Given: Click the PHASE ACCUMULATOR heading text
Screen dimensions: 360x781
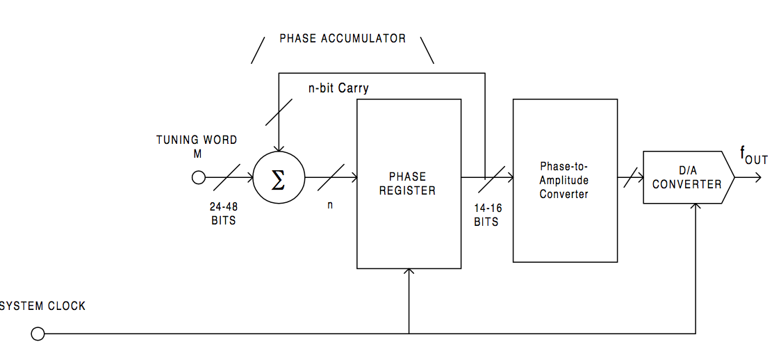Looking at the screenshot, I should click(343, 38).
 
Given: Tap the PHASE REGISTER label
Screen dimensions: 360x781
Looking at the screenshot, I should click(408, 183).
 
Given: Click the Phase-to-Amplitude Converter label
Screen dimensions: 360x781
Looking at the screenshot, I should click(564, 181).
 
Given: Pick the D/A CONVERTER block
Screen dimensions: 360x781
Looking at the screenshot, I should click(687, 178).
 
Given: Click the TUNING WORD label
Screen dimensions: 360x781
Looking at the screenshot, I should click(197, 140).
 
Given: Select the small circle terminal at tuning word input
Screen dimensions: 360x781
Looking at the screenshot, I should click(198, 178).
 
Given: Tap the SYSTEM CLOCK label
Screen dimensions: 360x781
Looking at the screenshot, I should click(43, 306).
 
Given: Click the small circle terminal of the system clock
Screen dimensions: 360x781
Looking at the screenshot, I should click(38, 334).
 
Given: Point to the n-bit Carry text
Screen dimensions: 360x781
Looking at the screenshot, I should click(338, 89).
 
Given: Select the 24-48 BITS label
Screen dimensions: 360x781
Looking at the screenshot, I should click(224, 213).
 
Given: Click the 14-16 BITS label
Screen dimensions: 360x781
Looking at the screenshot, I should click(486, 215).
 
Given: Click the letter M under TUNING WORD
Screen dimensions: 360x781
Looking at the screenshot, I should click(197, 154).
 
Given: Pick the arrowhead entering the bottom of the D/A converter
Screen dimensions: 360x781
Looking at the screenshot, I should click(696, 208).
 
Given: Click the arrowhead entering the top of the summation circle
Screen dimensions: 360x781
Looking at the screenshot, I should click(278, 148).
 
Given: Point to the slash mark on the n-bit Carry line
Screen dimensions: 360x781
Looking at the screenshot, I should click(278, 112).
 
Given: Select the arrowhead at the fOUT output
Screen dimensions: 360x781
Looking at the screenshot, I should click(757, 178).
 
